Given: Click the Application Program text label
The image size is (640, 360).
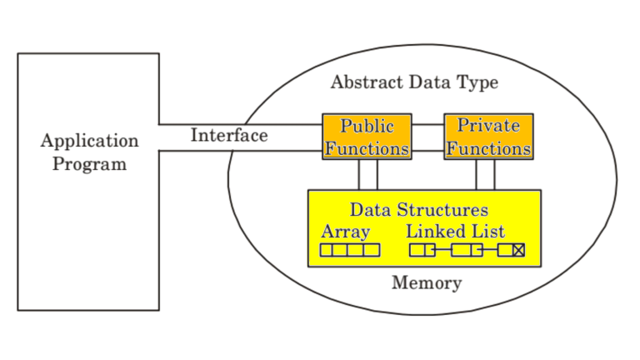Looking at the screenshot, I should [x=89, y=152].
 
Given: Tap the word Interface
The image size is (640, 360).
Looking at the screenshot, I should [x=229, y=136].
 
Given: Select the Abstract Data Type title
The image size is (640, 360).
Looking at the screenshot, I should [x=414, y=82].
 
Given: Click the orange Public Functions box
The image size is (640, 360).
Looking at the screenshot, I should [x=367, y=137].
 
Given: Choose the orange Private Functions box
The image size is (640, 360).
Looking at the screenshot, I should [x=488, y=137].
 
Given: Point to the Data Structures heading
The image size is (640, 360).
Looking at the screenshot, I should [x=418, y=209].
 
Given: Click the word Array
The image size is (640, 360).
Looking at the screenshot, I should [x=345, y=232].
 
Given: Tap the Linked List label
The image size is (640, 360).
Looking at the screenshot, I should [x=455, y=232].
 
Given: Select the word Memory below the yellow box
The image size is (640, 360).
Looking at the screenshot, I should [x=427, y=283].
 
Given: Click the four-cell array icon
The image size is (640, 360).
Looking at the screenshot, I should [x=350, y=250].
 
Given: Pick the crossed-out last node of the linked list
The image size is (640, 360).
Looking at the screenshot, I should [x=512, y=250].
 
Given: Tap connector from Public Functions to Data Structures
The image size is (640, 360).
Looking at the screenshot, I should [x=368, y=174].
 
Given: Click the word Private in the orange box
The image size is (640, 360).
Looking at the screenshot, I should [x=488, y=127].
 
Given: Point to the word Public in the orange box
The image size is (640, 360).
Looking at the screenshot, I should [x=367, y=127].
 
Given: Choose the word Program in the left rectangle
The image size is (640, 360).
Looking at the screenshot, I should [x=89, y=163].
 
